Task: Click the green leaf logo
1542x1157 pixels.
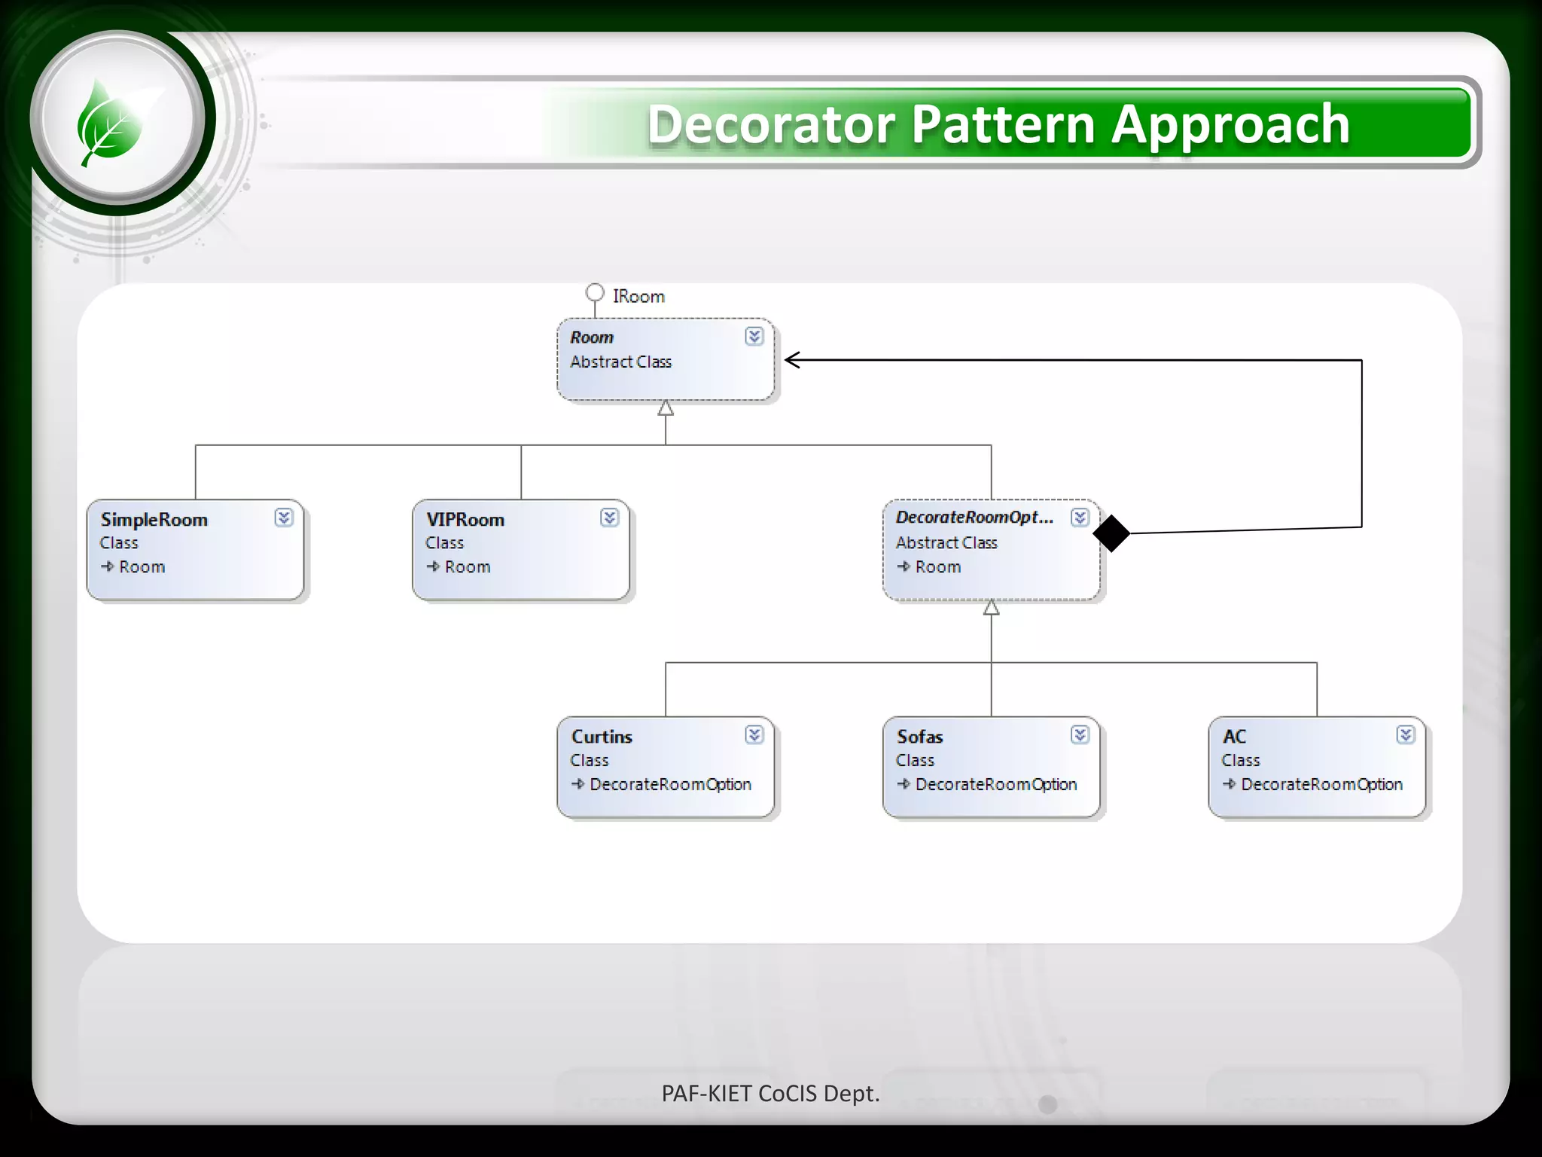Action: point(111,123)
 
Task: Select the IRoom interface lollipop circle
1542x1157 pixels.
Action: point(595,292)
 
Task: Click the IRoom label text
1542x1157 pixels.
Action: point(638,297)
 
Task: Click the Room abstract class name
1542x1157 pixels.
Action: point(592,337)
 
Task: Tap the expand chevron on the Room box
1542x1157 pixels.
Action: point(754,337)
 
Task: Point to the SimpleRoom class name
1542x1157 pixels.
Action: point(154,520)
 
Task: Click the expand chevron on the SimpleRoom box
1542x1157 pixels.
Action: point(283,517)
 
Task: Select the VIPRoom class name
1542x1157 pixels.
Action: point(465,520)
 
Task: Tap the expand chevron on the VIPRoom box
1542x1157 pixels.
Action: point(609,517)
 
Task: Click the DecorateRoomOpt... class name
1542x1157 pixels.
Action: point(974,517)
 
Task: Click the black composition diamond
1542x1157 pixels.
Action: point(1111,533)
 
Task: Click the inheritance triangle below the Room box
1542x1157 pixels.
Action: point(666,408)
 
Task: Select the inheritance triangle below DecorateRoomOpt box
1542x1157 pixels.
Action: point(992,608)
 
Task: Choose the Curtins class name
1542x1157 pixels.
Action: point(602,737)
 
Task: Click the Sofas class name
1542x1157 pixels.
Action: point(920,737)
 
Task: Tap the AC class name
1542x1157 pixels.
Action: point(1235,737)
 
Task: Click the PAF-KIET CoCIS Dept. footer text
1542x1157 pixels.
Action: point(770,1094)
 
